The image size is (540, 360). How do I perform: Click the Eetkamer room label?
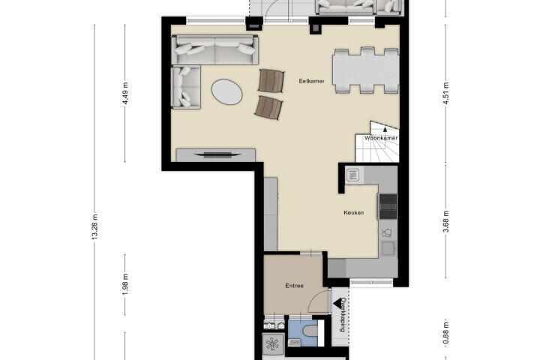pyautogui.click(x=312, y=81)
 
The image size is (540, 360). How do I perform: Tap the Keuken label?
pyautogui.click(x=354, y=212)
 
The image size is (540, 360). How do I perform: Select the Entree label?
pyautogui.click(x=295, y=286)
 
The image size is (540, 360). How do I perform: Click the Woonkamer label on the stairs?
pyautogui.click(x=381, y=138)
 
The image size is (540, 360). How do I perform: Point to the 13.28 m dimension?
pyautogui.click(x=95, y=226)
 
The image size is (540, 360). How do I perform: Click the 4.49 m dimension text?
pyautogui.click(x=125, y=93)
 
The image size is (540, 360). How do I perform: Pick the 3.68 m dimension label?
pyautogui.click(x=446, y=221)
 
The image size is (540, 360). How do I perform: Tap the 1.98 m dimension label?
pyautogui.click(x=125, y=284)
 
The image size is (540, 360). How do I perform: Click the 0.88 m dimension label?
pyautogui.click(x=446, y=332)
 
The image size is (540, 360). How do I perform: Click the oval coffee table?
pyautogui.click(x=227, y=92)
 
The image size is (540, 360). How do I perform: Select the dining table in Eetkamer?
pyautogui.click(x=366, y=71)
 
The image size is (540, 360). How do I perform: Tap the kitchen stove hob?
pyautogui.click(x=388, y=206)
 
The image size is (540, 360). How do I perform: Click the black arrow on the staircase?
pyautogui.click(x=385, y=130)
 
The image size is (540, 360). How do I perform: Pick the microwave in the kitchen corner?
pyautogui.click(x=352, y=175)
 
